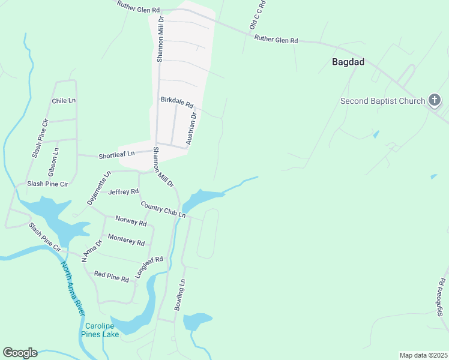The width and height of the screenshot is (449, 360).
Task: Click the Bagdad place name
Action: pyautogui.click(x=348, y=61)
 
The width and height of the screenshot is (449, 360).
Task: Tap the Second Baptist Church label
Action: pyautogui.click(x=382, y=101)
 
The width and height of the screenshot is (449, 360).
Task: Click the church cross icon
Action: pyautogui.click(x=435, y=101)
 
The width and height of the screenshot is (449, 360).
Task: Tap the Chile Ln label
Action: pyautogui.click(x=64, y=101)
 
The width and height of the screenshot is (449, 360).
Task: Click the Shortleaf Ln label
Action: pyautogui.click(x=116, y=155)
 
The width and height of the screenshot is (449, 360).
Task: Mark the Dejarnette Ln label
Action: pyautogui.click(x=99, y=188)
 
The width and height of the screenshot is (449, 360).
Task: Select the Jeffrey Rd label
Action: pyautogui.click(x=124, y=192)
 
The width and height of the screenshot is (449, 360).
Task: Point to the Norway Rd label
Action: pyautogui.click(x=131, y=222)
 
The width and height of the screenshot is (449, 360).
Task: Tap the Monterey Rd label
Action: pyautogui.click(x=126, y=241)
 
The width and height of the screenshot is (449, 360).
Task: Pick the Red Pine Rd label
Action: pyautogui.click(x=112, y=277)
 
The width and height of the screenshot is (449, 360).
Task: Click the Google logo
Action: pyautogui.click(x=20, y=353)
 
